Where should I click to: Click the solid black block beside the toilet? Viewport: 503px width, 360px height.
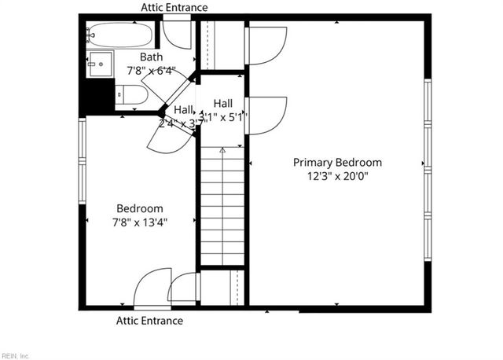[x=99, y=97]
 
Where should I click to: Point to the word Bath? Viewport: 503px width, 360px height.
[x=151, y=57]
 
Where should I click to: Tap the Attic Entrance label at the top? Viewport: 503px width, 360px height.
[x=174, y=8]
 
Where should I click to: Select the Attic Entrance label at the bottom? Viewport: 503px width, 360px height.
[x=149, y=321]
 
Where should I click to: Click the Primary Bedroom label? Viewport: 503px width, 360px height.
[x=337, y=163]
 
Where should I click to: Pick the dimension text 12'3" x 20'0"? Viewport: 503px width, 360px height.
[x=337, y=176]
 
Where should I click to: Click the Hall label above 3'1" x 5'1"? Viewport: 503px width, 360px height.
[x=223, y=104]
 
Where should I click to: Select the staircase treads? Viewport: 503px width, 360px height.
[x=222, y=204]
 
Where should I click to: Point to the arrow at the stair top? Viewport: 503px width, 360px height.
[x=222, y=149]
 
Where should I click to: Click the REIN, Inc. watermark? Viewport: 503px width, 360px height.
[x=16, y=355]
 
